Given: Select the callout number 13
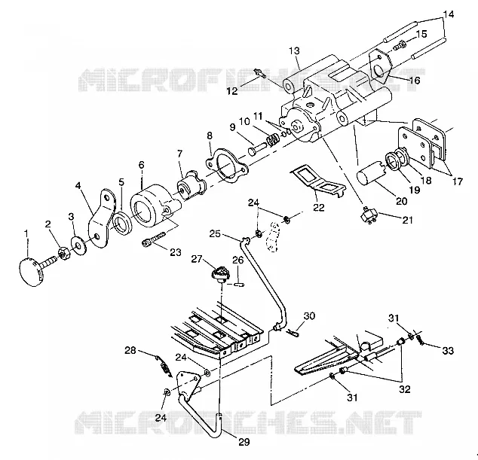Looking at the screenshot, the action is tap(295, 51).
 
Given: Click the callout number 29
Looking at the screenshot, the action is tap(244, 442).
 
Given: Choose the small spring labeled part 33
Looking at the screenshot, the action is tap(419, 338).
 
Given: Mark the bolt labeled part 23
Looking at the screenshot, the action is tap(154, 239).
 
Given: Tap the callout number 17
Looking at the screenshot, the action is tap(457, 181).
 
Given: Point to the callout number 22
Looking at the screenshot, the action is tap(319, 207).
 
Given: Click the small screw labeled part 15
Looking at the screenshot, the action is tap(400, 46).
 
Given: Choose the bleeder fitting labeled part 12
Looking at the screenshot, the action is tap(259, 73).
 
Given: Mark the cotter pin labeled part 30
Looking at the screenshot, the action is tap(293, 334).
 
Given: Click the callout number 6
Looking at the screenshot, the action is tap(142, 165).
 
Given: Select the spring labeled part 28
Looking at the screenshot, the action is tap(164, 366).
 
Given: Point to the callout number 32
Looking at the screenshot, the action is tap(405, 389).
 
